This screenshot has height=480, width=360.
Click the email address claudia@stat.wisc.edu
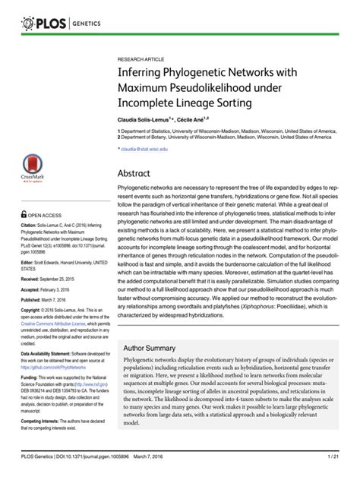[147, 150]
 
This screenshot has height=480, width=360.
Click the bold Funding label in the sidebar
[30, 377]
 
